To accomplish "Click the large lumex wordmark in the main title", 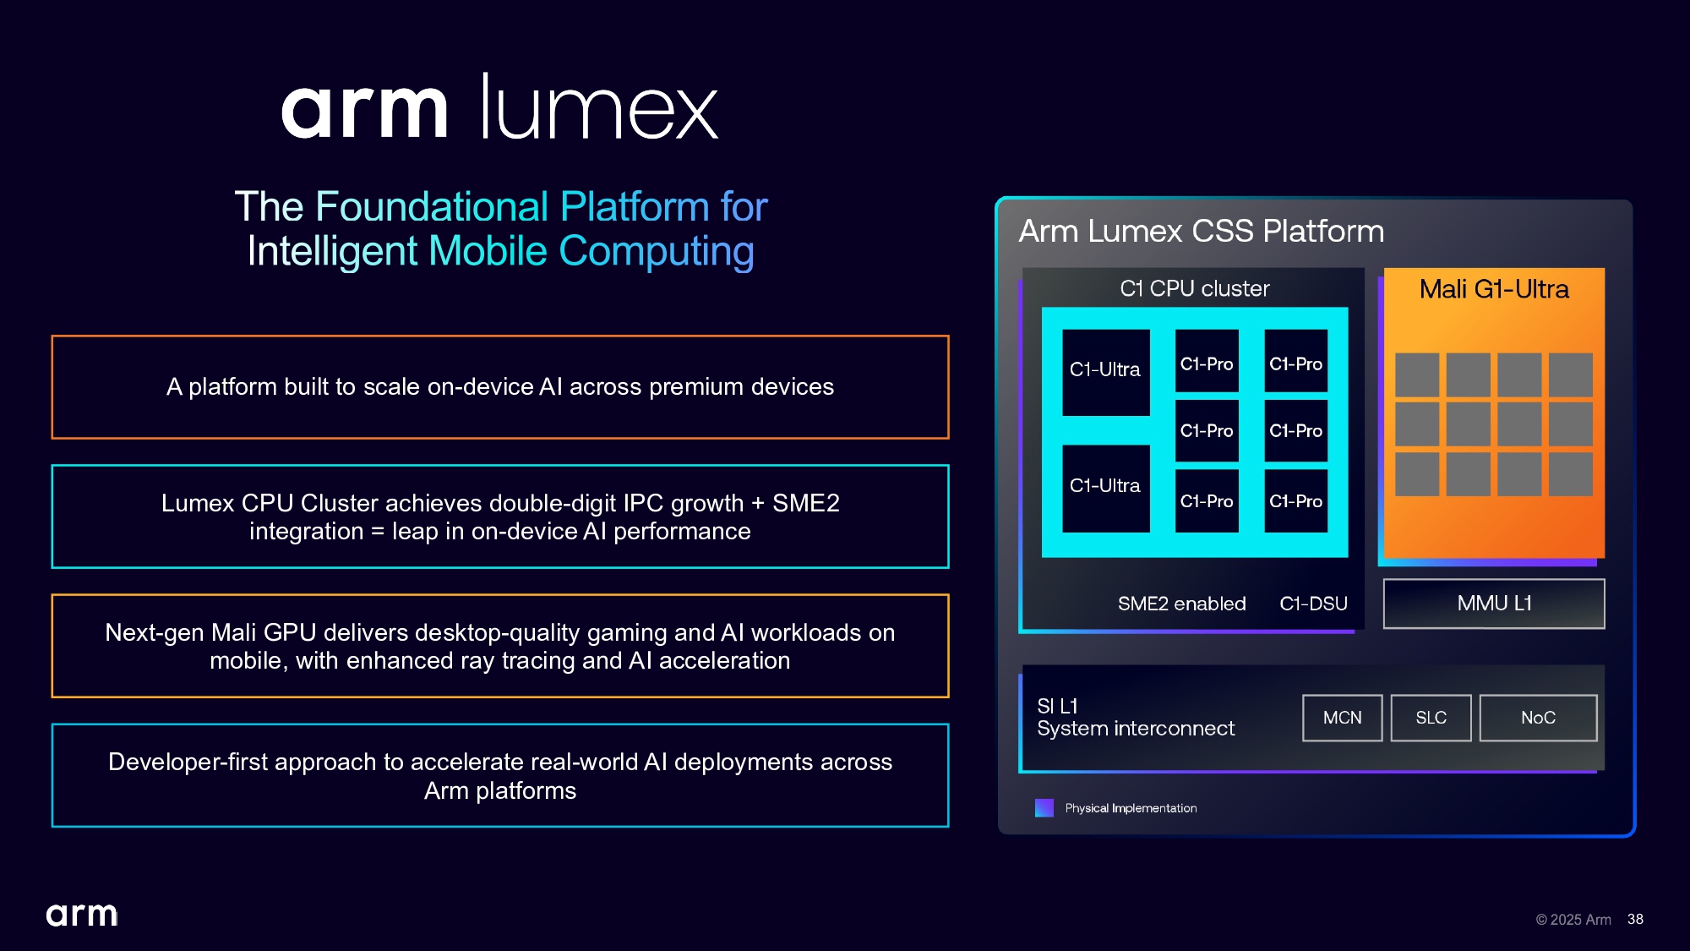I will [x=598, y=108].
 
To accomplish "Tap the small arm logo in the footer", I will [x=82, y=915].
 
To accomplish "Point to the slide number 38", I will [x=1635, y=919].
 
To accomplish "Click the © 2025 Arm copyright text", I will [x=1573, y=920].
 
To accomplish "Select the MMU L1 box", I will [x=1493, y=604].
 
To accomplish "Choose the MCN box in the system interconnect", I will [x=1342, y=718].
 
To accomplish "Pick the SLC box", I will [x=1431, y=718].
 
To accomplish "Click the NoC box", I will [x=1538, y=718].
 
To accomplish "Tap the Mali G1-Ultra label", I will [x=1493, y=289].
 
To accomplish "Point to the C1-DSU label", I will [x=1313, y=604].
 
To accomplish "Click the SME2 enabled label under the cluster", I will [x=1181, y=604].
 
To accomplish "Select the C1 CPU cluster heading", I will [x=1194, y=289].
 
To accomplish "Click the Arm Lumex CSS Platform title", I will [x=1201, y=232].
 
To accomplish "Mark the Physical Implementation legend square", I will [x=1044, y=808].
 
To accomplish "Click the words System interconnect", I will [x=1135, y=729].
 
